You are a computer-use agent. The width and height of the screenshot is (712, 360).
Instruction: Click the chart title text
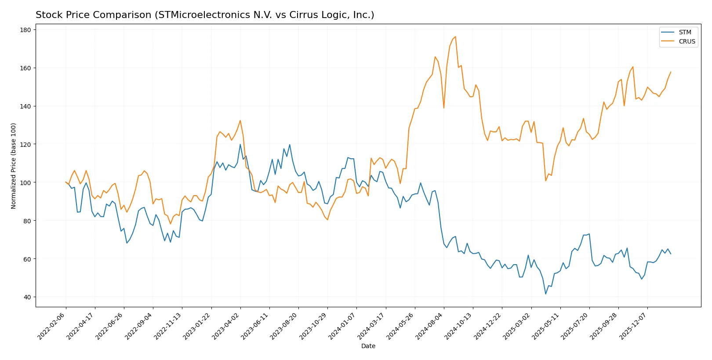[205, 15]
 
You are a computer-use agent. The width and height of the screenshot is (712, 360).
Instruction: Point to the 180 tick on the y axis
[25, 30]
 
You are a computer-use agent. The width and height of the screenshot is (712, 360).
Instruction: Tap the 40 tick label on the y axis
[27, 297]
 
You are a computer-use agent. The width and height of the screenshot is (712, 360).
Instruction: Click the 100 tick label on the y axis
[25, 182]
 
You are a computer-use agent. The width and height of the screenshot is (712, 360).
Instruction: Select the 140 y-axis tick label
[25, 106]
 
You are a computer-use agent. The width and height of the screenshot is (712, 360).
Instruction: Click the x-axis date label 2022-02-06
[52, 326]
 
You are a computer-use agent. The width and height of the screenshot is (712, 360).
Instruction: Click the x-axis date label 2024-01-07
[342, 326]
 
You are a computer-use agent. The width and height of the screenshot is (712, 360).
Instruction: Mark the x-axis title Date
[368, 346]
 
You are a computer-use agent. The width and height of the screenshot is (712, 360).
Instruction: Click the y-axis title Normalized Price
[14, 166]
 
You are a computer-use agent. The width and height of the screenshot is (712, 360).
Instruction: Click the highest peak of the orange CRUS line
[455, 36]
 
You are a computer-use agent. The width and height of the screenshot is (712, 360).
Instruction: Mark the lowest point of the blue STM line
[546, 294]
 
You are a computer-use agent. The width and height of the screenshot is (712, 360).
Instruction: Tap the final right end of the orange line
[671, 72]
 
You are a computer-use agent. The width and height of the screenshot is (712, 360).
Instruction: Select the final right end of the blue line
[671, 254]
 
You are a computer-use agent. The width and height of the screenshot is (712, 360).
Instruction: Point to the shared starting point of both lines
[66, 182]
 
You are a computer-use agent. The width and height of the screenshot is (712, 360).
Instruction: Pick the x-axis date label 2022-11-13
[168, 326]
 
